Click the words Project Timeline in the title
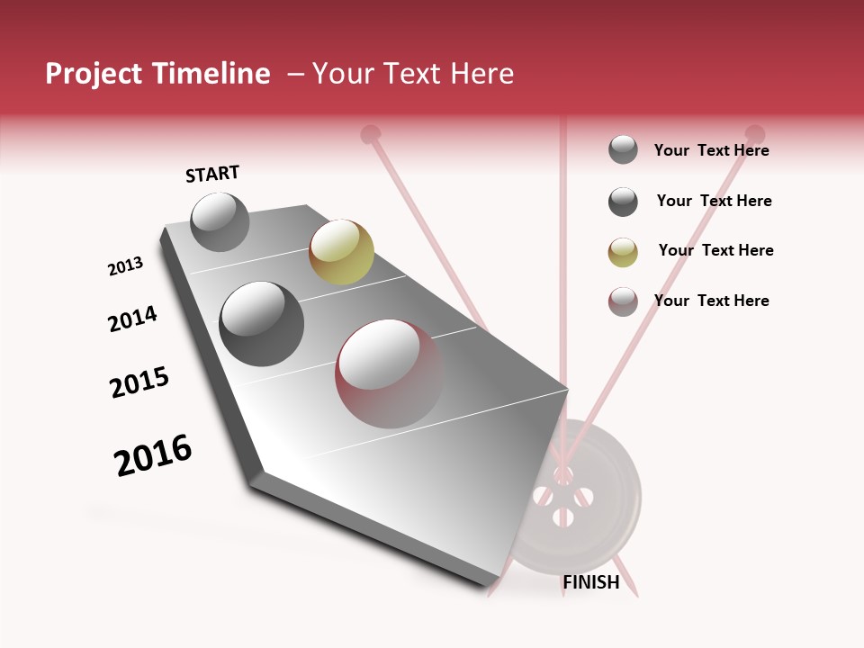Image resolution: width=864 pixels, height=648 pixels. tap(157, 74)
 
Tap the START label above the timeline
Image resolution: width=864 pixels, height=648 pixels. tap(212, 174)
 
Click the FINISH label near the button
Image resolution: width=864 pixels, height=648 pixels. tap(590, 582)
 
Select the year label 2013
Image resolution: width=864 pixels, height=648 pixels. tap(125, 266)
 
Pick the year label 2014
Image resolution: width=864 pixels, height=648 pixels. tap(132, 319)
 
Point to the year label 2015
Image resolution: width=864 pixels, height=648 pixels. tap(139, 382)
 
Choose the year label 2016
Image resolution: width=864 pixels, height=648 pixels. tap(153, 455)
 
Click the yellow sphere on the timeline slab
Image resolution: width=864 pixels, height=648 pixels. tap(341, 252)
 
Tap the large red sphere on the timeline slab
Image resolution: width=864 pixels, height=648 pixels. tap(390, 373)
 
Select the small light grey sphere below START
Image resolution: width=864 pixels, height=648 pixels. tap(220, 221)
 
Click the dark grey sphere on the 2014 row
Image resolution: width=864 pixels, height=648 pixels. tap(262, 324)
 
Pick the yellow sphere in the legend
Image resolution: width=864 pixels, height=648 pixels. tap(623, 252)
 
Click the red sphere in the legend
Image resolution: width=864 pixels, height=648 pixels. tap(623, 301)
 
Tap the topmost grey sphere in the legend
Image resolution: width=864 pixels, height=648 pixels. tap(623, 149)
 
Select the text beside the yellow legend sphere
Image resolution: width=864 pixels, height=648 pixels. tap(715, 250)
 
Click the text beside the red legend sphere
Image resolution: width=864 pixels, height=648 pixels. tap(711, 301)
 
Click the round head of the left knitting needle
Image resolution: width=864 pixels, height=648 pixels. tap(369, 135)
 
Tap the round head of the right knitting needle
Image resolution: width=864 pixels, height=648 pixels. tap(755, 134)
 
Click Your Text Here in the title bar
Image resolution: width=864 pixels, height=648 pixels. tap(412, 74)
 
